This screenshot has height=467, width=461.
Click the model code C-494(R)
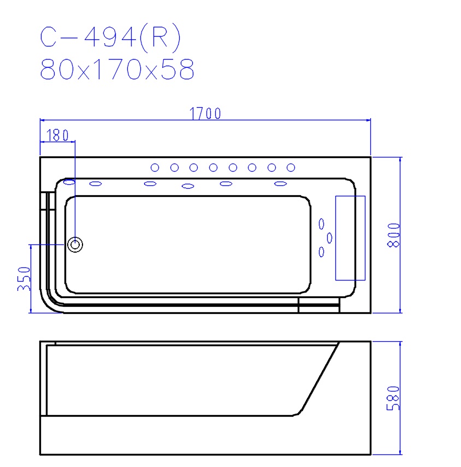pyautogui.click(x=110, y=37)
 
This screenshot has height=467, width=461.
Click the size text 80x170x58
pyautogui.click(x=117, y=69)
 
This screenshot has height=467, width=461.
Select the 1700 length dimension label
pyautogui.click(x=205, y=113)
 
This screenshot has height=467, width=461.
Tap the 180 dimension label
pyautogui.click(x=58, y=135)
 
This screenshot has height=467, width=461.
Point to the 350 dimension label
pyautogui.click(x=24, y=278)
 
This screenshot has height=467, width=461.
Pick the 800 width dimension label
pyautogui.click(x=393, y=235)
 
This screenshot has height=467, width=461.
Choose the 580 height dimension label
pyautogui.click(x=393, y=399)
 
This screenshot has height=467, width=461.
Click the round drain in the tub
pyautogui.click(x=75, y=244)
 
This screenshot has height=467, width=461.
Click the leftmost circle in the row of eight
pyautogui.click(x=155, y=167)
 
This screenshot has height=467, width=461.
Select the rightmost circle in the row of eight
pyautogui.click(x=291, y=167)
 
